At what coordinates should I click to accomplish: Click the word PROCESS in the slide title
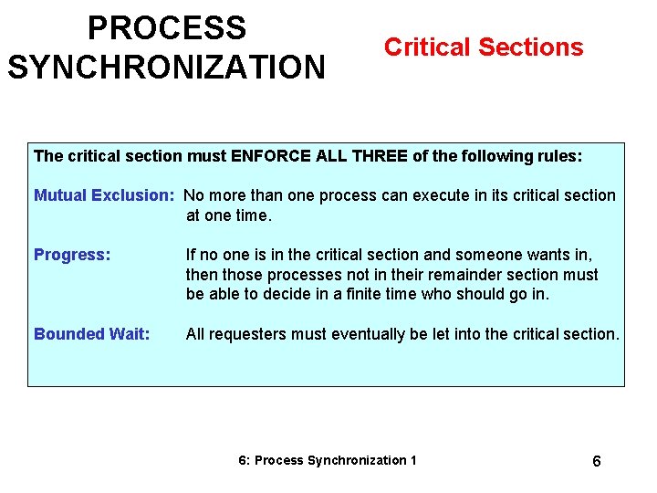pos(167,28)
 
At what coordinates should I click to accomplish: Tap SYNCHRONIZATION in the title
pos(166,67)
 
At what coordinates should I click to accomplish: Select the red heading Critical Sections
pos(484,47)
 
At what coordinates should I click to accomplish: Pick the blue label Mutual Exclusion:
pos(104,195)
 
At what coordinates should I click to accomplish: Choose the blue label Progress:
pos(72,255)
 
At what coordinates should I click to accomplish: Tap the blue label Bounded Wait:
pos(91,334)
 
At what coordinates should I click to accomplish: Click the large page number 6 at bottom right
pos(596,461)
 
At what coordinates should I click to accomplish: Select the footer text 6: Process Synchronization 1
pos(327,460)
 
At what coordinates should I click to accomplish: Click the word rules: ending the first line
pos(558,156)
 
